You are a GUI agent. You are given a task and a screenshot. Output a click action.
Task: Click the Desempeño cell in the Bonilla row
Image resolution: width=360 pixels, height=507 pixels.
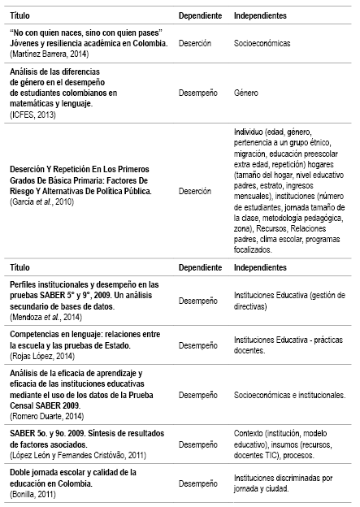pyautogui.click(x=198, y=483)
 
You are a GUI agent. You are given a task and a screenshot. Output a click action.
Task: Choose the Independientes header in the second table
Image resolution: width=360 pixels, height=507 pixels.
pyautogui.click(x=259, y=266)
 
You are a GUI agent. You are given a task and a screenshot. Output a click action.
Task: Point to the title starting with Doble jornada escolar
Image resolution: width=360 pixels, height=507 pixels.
pyautogui.click(x=66, y=471)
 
